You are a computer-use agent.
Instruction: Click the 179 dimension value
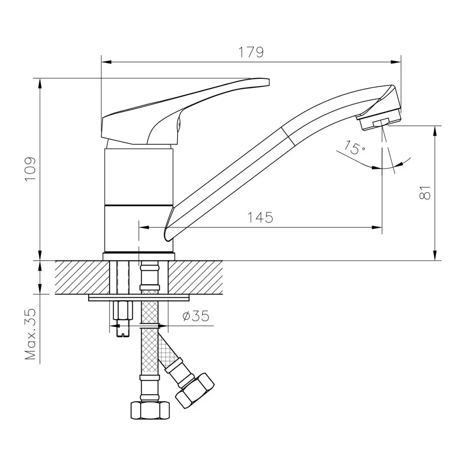pyautogui.click(x=251, y=52)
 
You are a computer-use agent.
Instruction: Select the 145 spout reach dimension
pyautogui.click(x=260, y=218)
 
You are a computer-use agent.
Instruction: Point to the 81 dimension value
pyautogui.click(x=425, y=192)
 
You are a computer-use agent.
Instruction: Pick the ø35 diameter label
pyautogui.click(x=196, y=315)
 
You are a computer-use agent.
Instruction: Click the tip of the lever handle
pyautogui.click(x=269, y=82)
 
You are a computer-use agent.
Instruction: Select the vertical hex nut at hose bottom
pyautogui.click(x=150, y=411)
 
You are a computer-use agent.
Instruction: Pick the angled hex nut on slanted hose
pyautogui.click(x=195, y=391)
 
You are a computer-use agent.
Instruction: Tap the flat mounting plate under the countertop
pyautogui.click(x=139, y=298)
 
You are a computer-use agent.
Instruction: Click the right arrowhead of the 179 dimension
pyautogui.click(x=396, y=62)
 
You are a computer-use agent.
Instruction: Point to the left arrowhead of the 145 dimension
pyautogui.click(x=144, y=228)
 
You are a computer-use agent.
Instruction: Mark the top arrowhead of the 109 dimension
pyautogui.click(x=40, y=83)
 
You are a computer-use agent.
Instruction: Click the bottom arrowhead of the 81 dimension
pyautogui.click(x=435, y=255)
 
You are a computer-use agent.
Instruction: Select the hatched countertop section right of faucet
pyautogui.click(x=196, y=277)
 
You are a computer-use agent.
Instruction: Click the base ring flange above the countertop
pyautogui.click(x=139, y=256)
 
